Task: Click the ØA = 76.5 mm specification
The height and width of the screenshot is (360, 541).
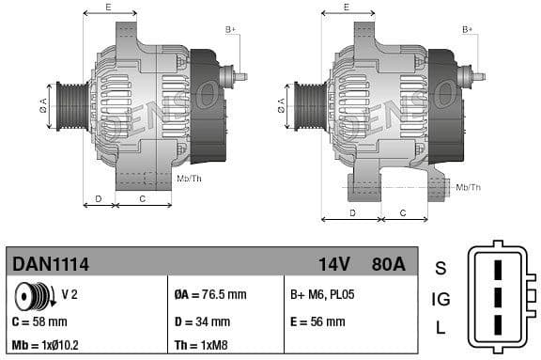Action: [210, 295]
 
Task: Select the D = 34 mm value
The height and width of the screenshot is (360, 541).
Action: [202, 321]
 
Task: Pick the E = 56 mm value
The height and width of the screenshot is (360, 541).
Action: [317, 321]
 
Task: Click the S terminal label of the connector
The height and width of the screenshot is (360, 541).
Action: [441, 269]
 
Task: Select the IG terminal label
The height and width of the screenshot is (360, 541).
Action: [441, 300]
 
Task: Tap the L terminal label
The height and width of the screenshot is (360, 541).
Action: [441, 329]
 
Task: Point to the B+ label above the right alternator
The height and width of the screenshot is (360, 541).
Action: [467, 29]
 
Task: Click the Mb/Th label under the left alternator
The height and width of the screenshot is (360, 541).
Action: [189, 178]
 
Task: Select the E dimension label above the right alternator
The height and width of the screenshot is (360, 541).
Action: [347, 7]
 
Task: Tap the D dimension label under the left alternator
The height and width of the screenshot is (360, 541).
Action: [99, 198]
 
